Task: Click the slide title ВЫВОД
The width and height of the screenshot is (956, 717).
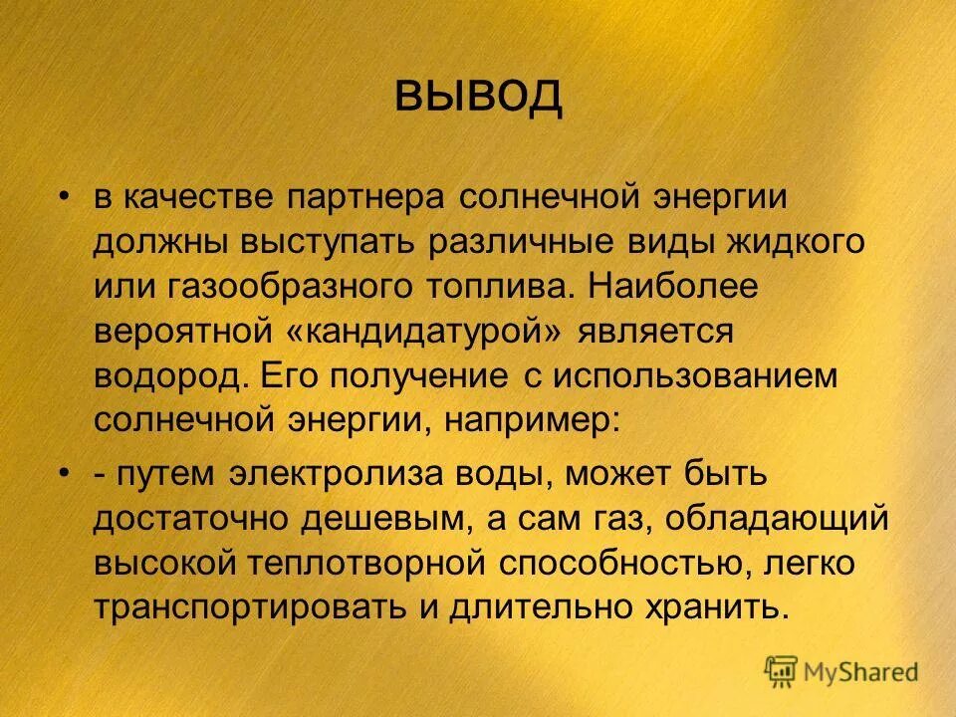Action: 478,96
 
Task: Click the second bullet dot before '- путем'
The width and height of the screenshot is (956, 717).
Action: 64,473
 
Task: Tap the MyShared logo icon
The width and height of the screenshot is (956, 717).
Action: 782,668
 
